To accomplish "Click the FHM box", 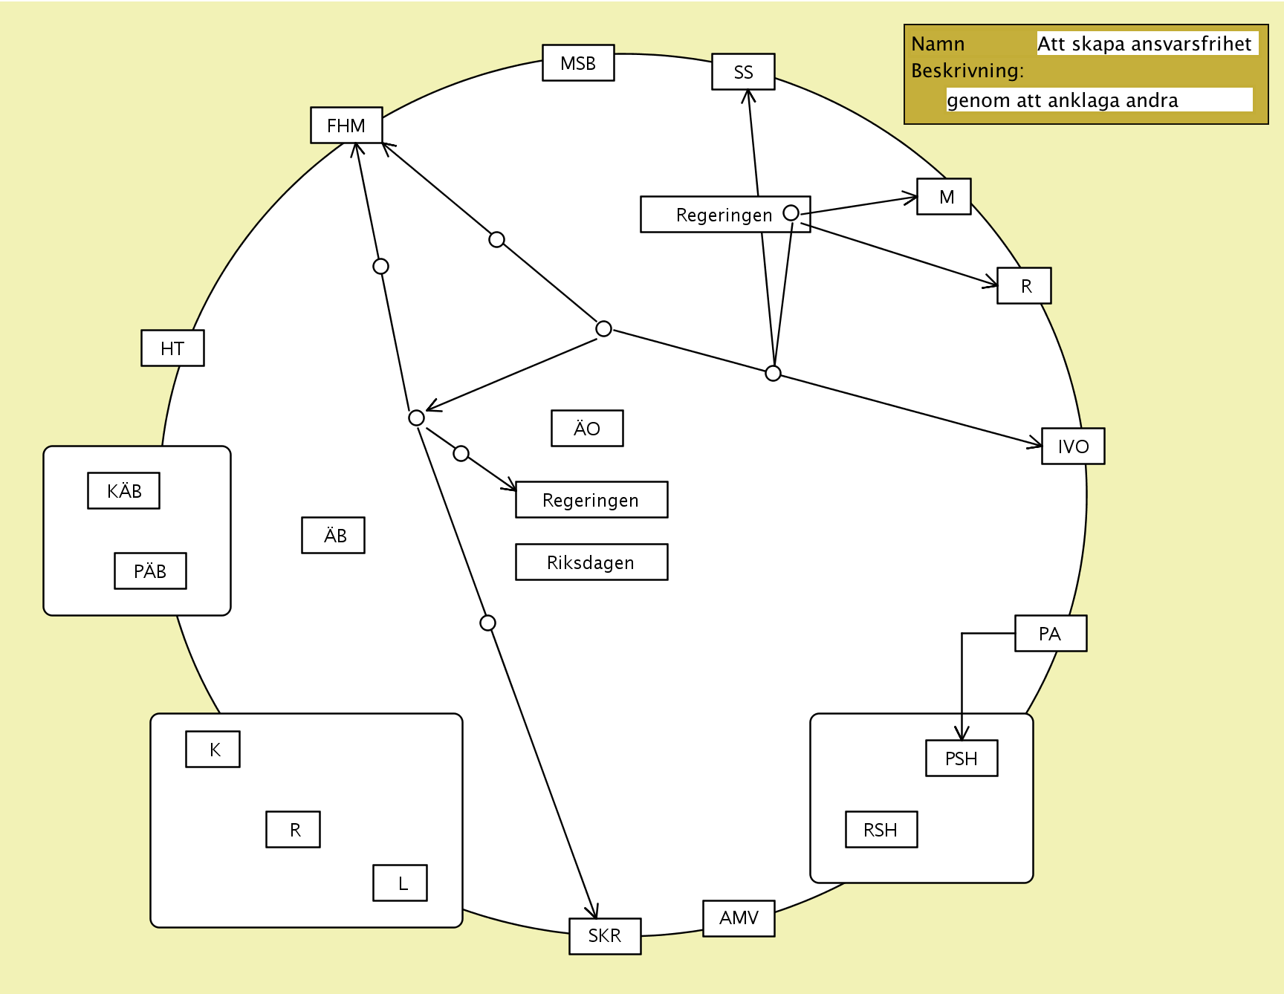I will point(346,126).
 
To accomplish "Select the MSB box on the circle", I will point(578,63).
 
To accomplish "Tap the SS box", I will point(743,72).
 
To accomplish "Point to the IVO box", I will point(1073,446).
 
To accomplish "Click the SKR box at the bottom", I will point(605,936).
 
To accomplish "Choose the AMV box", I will point(739,918).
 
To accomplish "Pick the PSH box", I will point(962,759).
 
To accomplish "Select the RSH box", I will point(881,830).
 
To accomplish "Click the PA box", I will point(1051,634).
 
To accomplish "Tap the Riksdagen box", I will point(591,562).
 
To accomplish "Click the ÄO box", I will point(587,429).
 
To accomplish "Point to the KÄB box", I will point(123,491).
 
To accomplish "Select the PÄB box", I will point(150,571).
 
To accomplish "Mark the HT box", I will point(172,348).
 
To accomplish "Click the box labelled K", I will point(213,750).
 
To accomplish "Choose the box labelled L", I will point(400,883).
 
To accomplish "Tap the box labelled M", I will point(944,197).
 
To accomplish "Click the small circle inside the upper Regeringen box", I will point(791,213).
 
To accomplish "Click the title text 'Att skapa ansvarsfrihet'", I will point(1144,44).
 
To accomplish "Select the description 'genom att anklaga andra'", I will point(1063,100).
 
